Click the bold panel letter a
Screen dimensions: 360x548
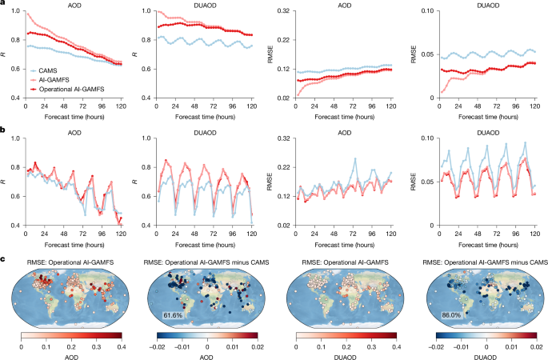4,4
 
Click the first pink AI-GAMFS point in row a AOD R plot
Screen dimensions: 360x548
28,14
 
